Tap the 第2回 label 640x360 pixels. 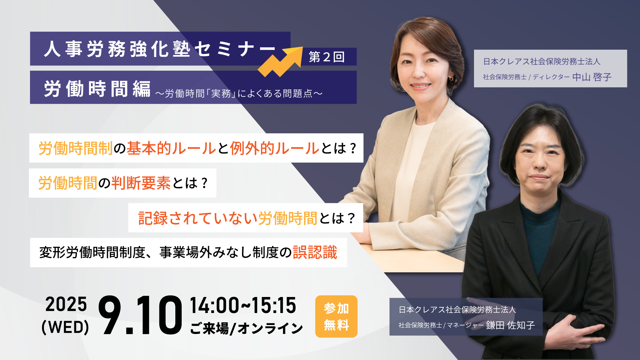[327, 57]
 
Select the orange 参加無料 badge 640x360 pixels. [336, 316]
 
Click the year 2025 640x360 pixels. [66, 304]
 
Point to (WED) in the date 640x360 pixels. [65, 327]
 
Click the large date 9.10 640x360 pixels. [140, 315]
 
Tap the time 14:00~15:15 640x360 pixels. [243, 305]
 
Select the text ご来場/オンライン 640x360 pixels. [246, 328]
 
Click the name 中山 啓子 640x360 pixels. [592, 77]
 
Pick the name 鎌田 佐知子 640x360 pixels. [510, 325]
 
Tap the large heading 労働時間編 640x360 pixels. [97, 89]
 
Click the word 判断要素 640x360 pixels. [141, 183]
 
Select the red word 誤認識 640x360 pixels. [315, 252]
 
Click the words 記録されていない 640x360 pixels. [198, 218]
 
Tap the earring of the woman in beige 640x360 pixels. [451, 79]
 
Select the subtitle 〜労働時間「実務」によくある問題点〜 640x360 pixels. [239, 93]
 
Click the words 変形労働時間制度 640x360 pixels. [92, 252]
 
